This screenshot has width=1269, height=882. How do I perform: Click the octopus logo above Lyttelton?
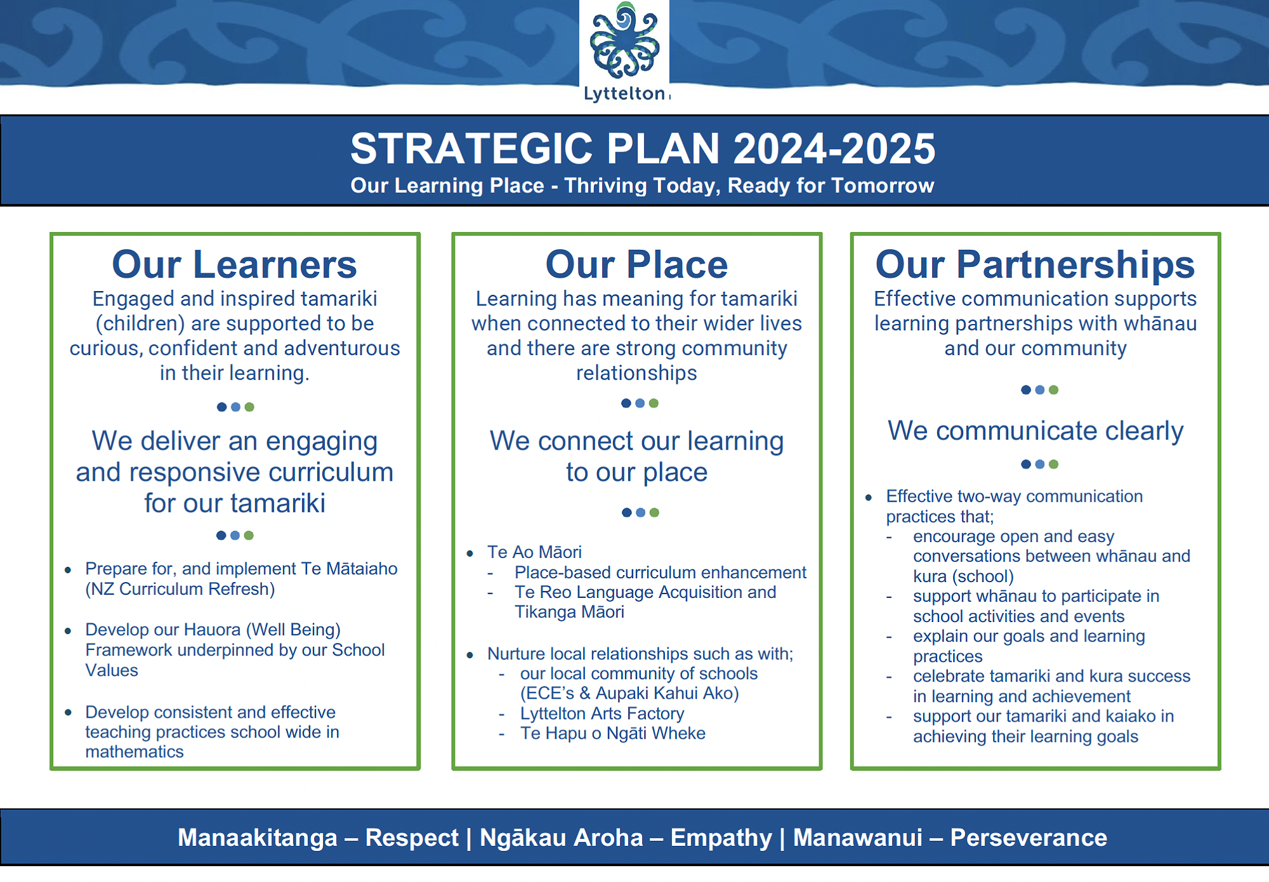625,41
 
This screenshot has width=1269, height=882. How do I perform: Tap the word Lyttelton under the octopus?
624,94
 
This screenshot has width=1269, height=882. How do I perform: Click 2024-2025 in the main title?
834,148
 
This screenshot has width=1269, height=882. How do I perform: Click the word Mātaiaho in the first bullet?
362,568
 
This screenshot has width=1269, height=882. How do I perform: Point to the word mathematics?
135,751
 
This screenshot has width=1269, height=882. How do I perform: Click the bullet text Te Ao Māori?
534,552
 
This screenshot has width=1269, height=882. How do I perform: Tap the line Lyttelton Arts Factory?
602,713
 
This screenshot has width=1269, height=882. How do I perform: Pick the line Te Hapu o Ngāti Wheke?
613,733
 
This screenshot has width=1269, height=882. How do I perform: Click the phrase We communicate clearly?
1036,431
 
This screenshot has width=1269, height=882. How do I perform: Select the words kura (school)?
963,576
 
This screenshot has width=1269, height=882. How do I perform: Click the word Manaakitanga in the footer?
258,838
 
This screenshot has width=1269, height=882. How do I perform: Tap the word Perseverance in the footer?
1029,838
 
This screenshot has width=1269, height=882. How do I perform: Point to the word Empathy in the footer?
721,838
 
